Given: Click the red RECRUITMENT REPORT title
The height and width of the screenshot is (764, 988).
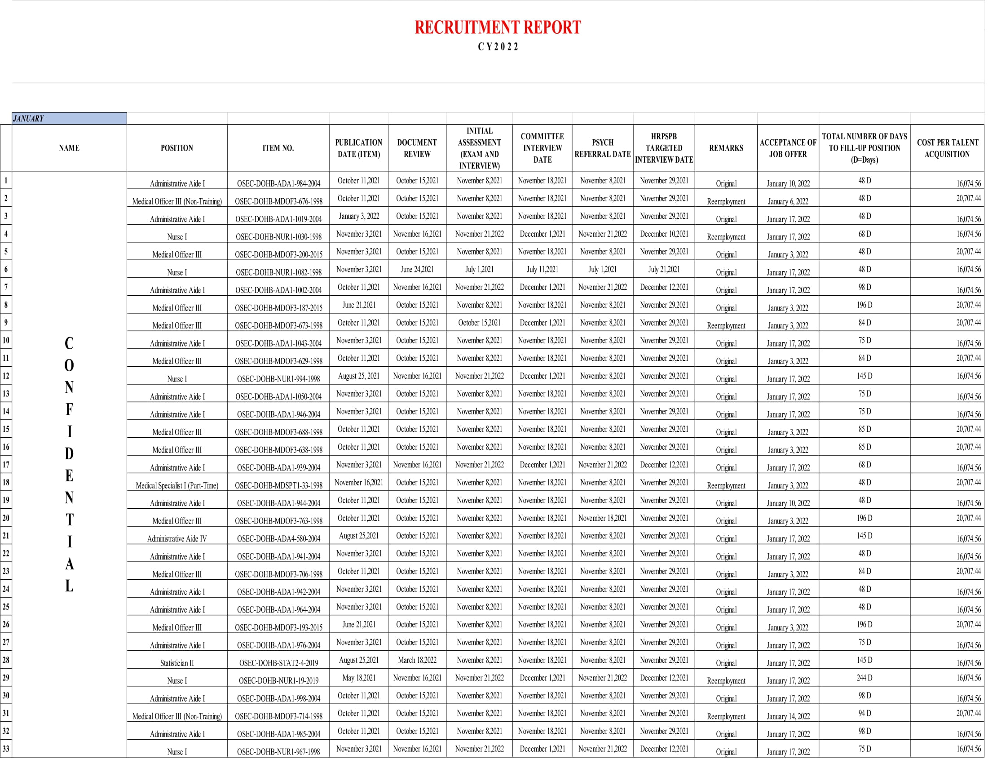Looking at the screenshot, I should [497, 27].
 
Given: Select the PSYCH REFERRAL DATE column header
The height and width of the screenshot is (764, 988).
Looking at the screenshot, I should [602, 148].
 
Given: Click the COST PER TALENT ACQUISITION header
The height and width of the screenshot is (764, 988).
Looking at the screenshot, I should [947, 148].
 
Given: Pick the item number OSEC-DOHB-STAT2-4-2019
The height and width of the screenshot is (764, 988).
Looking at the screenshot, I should [278, 662].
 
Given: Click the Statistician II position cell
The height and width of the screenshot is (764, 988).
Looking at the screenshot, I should [177, 662].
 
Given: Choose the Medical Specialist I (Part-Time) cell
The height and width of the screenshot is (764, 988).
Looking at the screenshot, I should [177, 485].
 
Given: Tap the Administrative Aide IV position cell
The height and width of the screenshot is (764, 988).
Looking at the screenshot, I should [177, 538].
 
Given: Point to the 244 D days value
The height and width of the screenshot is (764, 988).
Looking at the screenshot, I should [864, 678].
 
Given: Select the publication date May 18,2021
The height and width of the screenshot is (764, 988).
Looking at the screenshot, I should [359, 678].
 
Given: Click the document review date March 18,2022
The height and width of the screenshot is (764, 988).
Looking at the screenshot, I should [417, 660].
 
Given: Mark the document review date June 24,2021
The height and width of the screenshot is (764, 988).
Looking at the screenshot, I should [417, 269].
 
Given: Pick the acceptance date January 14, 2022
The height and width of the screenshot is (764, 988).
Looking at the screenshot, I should [788, 716].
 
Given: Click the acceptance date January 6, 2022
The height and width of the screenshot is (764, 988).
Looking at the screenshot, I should [788, 201].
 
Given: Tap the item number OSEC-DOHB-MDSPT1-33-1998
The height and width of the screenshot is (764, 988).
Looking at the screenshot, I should [278, 485].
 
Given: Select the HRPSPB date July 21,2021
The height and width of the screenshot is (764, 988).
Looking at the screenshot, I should [664, 269].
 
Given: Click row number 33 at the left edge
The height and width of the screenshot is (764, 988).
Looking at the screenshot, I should [6, 748].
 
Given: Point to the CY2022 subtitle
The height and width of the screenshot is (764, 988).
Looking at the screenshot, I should [497, 47].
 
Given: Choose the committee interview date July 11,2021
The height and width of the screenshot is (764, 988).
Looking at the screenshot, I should [542, 269].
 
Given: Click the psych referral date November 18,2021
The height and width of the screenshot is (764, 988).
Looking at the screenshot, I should [602, 518].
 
